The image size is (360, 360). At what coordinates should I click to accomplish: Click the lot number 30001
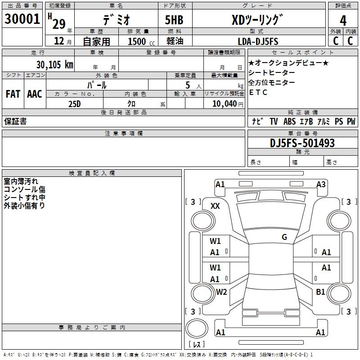click(22, 19)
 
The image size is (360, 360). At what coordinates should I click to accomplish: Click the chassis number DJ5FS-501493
click(302, 143)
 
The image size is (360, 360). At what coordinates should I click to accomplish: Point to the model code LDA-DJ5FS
click(258, 41)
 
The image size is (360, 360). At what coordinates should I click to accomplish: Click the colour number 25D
click(75, 103)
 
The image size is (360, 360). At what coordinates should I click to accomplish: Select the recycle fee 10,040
click(221, 103)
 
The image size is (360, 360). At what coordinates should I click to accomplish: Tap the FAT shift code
click(13, 94)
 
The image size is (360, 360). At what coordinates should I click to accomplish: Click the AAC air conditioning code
click(35, 94)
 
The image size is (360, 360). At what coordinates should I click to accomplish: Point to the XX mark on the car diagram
click(215, 206)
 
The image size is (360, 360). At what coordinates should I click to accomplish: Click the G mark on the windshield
click(284, 237)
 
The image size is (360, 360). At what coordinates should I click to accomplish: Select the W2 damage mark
click(221, 292)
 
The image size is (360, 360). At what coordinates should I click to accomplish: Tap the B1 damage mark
click(320, 292)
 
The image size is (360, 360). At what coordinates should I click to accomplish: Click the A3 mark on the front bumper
click(321, 184)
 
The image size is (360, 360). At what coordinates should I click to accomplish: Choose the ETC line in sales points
click(258, 93)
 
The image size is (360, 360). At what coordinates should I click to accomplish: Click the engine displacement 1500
click(136, 41)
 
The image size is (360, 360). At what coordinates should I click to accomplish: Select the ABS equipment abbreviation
click(290, 121)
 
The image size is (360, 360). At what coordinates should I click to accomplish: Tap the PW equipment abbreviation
click(351, 121)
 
